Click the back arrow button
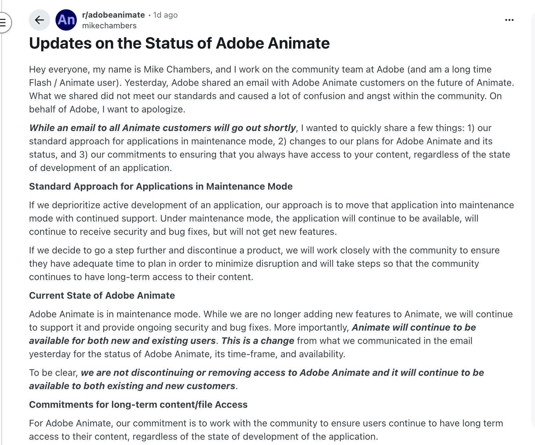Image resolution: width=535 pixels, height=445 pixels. pyautogui.click(x=40, y=20)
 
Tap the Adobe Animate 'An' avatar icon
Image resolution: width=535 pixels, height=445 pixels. pyautogui.click(x=66, y=20)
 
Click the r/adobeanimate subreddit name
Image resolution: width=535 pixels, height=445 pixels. pyautogui.click(x=113, y=15)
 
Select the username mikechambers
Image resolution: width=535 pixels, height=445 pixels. pyautogui.click(x=109, y=26)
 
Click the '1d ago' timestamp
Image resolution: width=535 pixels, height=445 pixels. pyautogui.click(x=165, y=15)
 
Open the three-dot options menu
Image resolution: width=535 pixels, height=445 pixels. pyautogui.click(x=509, y=20)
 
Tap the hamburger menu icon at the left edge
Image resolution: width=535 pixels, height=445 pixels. pyautogui.click(x=3, y=23)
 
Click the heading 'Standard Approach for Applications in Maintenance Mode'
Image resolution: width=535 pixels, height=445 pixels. pyautogui.click(x=161, y=186)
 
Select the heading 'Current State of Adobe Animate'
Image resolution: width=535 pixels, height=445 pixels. pyautogui.click(x=102, y=295)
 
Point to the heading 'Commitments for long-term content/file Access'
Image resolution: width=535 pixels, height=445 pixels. pyautogui.click(x=138, y=404)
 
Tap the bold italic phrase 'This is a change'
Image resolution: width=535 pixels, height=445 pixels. pyautogui.click(x=258, y=341)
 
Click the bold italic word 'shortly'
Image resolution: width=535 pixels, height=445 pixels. pyautogui.click(x=279, y=128)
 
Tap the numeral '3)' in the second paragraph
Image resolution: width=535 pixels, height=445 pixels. pyautogui.click(x=83, y=154)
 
